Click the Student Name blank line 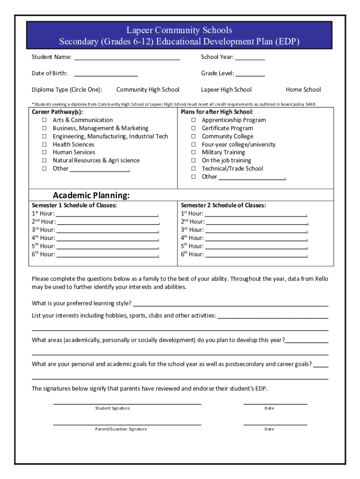127,59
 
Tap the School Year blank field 250,59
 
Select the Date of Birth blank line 106,75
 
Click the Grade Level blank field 250,75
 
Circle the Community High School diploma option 148,90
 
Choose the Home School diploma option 303,90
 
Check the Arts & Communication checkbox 44,120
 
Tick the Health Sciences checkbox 44,145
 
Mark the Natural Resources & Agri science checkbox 44,160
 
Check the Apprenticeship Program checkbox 193,120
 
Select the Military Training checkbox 193,152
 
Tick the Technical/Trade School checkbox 193,168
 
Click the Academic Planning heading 91,195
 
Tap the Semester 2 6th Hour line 256,255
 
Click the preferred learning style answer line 230,305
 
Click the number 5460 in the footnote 310,104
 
